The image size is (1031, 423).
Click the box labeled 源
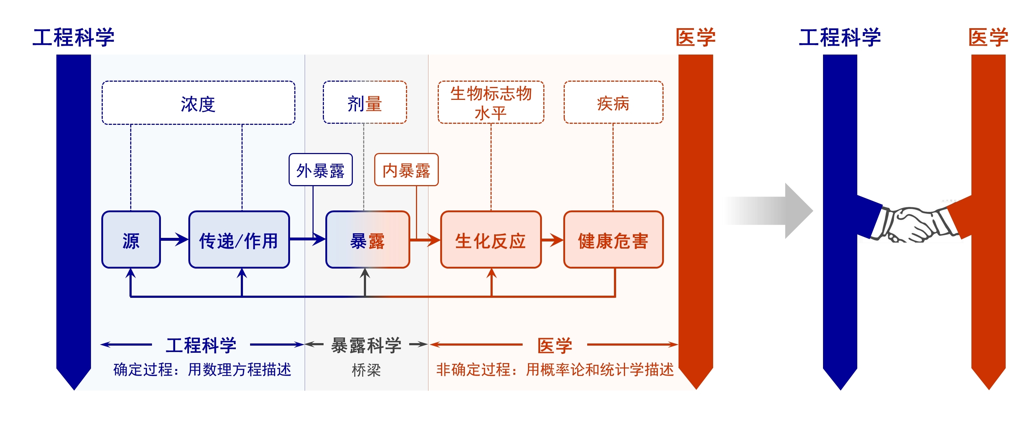click(x=131, y=240)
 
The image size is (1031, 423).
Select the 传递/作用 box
click(x=239, y=240)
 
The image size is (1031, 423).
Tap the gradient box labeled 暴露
click(x=367, y=240)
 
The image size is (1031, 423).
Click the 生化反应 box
click(x=491, y=240)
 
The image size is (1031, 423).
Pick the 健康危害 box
click(x=613, y=240)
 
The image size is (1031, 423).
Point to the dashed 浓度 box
click(x=198, y=103)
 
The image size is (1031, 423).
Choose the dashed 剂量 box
click(x=365, y=103)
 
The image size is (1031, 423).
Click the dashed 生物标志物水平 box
click(x=491, y=102)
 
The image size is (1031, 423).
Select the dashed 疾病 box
click(x=613, y=103)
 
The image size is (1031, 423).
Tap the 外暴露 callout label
click(x=321, y=170)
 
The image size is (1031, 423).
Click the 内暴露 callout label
click(x=406, y=170)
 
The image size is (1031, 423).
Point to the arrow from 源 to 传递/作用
click(x=174, y=239)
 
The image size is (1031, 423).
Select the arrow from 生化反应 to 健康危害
click(x=552, y=240)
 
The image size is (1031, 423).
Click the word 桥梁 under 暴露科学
click(x=366, y=370)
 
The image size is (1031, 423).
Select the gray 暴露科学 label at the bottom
click(x=366, y=345)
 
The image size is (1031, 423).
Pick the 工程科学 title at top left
click(x=73, y=37)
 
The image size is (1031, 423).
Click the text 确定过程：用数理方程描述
click(x=202, y=370)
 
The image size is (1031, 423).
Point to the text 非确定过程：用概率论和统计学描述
click(x=555, y=370)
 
